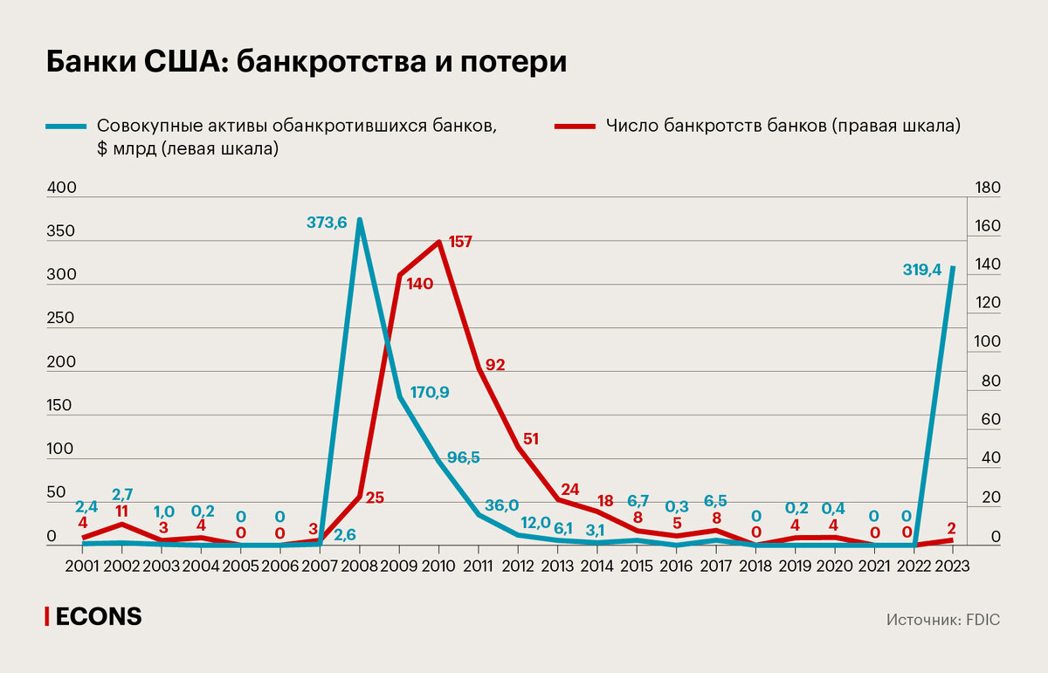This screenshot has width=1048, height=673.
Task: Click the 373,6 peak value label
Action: [327, 223]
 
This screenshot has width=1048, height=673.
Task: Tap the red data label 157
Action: [459, 242]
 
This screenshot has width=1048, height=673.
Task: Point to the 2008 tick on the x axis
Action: [360, 565]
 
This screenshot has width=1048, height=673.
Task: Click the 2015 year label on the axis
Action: [637, 565]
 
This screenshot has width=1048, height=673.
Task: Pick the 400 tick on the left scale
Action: [61, 189]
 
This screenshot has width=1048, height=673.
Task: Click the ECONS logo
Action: [93, 616]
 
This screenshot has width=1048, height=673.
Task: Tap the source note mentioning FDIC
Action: [942, 619]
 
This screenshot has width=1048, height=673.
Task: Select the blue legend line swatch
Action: [66, 126]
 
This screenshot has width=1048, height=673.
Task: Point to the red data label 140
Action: [420, 285]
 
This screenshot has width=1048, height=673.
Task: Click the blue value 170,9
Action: [430, 392]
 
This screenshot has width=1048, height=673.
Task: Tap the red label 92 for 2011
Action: [495, 365]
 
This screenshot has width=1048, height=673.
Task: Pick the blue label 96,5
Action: [464, 457]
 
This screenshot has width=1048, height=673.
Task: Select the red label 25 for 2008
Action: [375, 498]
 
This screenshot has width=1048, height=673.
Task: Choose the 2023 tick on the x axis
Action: [953, 565]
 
